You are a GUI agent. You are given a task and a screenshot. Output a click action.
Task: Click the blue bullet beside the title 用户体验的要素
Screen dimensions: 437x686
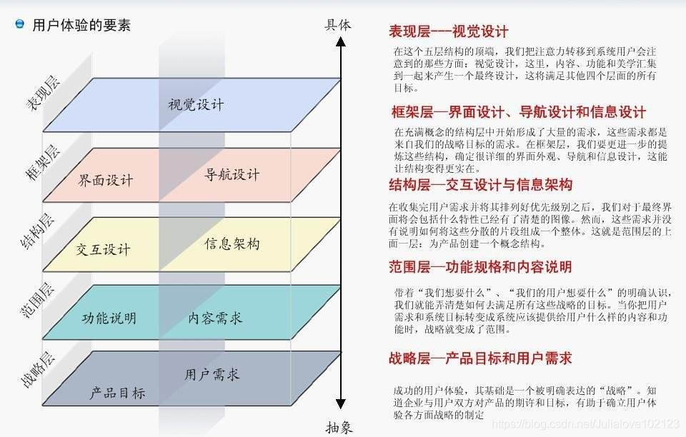pyautogui.click(x=20, y=24)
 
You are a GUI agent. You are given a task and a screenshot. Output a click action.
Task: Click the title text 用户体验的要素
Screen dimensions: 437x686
pyautogui.click(x=81, y=26)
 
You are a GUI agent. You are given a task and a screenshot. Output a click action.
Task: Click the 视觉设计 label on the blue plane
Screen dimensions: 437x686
pyautogui.click(x=196, y=104)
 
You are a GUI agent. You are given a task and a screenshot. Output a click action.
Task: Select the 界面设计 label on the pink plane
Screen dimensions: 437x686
pyautogui.click(x=106, y=179)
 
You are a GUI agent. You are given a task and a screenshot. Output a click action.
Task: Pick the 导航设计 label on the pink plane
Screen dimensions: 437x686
pyautogui.click(x=232, y=174)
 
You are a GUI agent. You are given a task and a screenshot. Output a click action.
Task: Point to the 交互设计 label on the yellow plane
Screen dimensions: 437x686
pyautogui.click(x=104, y=249)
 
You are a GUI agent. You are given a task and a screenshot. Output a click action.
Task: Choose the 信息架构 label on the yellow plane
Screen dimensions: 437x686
pyautogui.click(x=232, y=243)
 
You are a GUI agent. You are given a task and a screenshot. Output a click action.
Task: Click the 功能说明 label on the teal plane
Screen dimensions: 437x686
pyautogui.click(x=109, y=318)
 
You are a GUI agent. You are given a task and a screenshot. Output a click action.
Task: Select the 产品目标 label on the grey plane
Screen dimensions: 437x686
pyautogui.click(x=118, y=393)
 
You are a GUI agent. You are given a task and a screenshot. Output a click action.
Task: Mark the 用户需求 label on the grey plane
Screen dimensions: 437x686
pyautogui.click(x=212, y=373)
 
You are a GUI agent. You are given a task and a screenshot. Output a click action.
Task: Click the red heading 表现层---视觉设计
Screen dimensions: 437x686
pyautogui.click(x=448, y=31)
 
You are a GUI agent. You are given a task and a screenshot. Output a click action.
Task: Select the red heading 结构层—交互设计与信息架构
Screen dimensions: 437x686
pyautogui.click(x=480, y=185)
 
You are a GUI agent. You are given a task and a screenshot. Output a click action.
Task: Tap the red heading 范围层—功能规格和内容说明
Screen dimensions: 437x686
pyautogui.click(x=479, y=267)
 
